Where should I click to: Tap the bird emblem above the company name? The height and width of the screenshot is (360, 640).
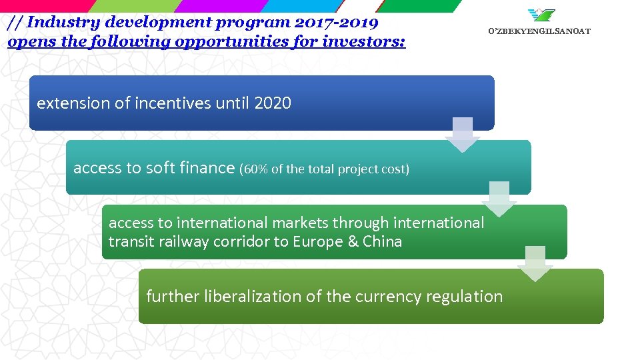click(541, 15)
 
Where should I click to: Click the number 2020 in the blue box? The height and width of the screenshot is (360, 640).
click(273, 103)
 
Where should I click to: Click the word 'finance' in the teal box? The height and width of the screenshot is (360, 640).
click(207, 168)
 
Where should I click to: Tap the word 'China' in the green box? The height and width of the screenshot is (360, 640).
click(382, 241)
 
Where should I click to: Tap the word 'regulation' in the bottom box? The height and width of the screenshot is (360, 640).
click(467, 297)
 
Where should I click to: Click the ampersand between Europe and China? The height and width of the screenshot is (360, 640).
click(353, 241)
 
